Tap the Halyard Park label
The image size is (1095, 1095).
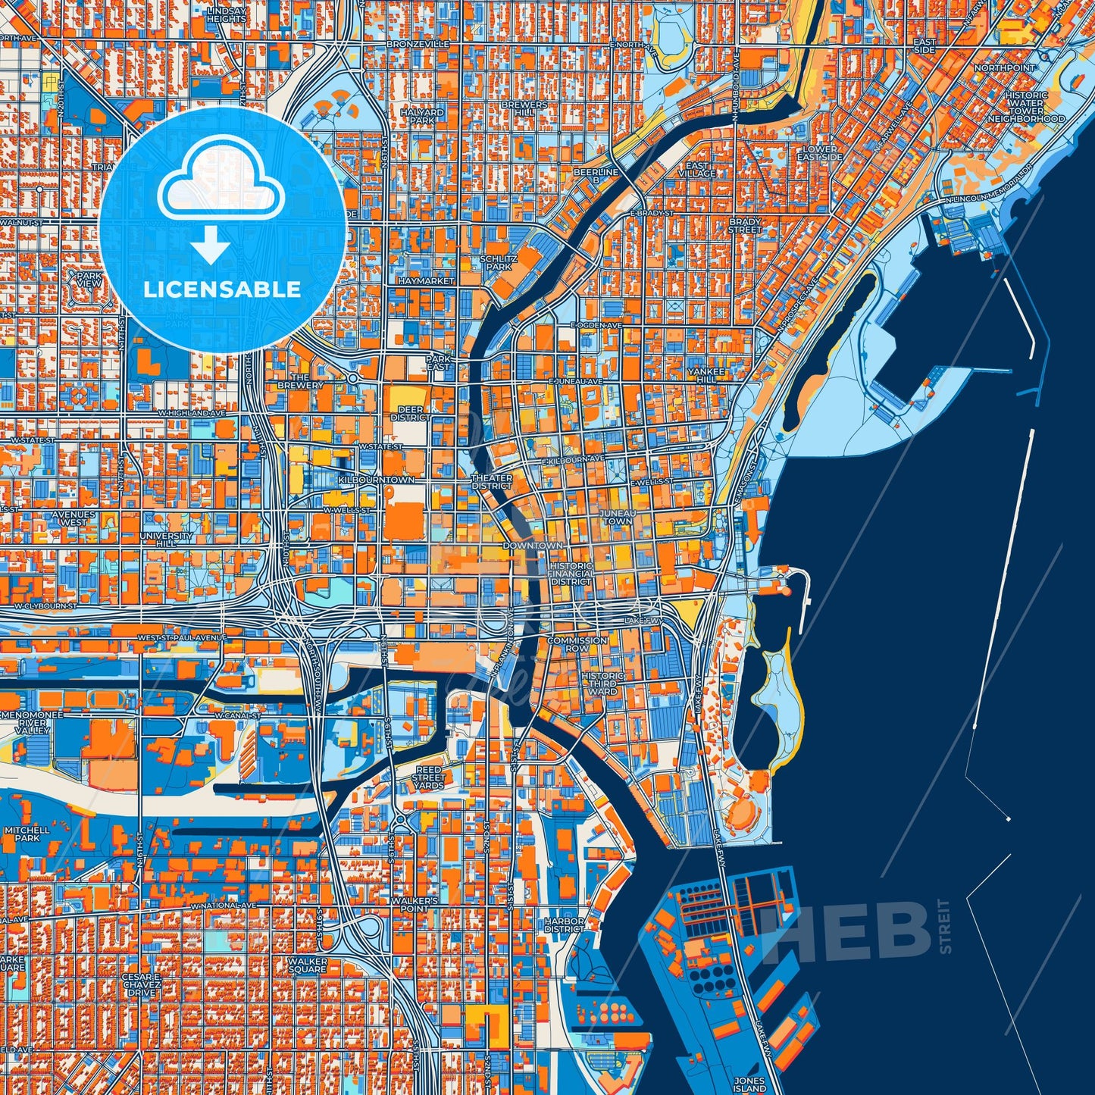pyautogui.click(x=422, y=116)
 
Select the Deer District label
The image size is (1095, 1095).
pyautogui.click(x=411, y=413)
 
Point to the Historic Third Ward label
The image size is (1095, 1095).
pyautogui.click(x=603, y=683)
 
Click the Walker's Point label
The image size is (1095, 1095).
pyautogui.click(x=415, y=904)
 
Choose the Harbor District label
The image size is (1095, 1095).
pyautogui.click(x=565, y=925)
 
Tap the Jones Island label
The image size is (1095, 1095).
pyautogui.click(x=749, y=1084)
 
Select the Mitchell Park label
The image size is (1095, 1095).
pyautogui.click(x=27, y=834)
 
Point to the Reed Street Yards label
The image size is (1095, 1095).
pyautogui.click(x=428, y=777)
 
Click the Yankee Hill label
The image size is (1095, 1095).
pyautogui.click(x=706, y=375)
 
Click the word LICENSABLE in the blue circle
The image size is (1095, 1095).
pyautogui.click(x=222, y=289)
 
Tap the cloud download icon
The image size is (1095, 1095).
pyautogui.click(x=221, y=199)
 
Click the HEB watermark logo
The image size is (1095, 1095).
pyautogui.click(x=849, y=927)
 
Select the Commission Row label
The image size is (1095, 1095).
pyautogui.click(x=577, y=644)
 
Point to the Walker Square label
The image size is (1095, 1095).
pyautogui.click(x=307, y=965)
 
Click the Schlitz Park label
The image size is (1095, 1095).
pyautogui.click(x=499, y=262)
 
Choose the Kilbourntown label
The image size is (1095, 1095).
pyautogui.click(x=377, y=480)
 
